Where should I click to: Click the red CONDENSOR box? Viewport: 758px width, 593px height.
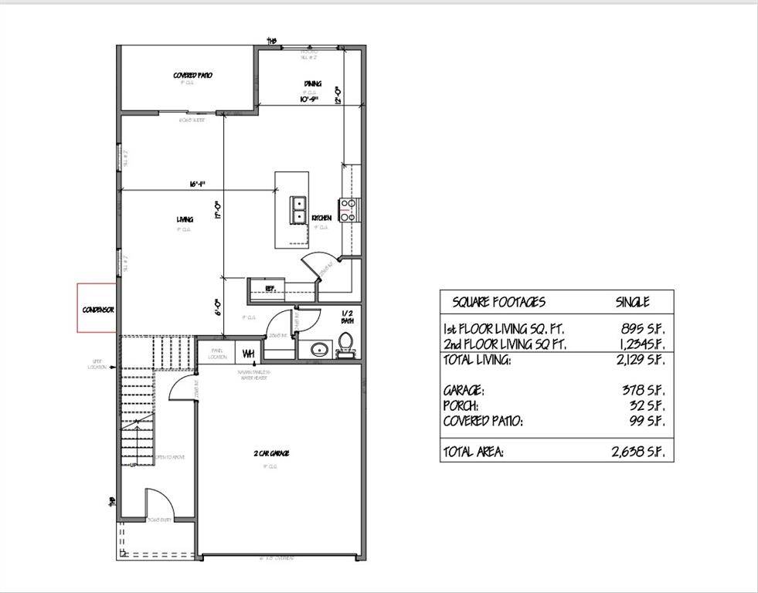[97, 309]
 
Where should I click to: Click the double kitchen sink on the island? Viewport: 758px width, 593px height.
[299, 209]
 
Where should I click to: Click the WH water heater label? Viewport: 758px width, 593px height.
[249, 354]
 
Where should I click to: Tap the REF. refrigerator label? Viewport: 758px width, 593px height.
[270, 289]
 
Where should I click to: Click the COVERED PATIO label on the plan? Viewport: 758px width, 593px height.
[192, 76]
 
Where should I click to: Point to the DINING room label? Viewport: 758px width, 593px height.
[312, 84]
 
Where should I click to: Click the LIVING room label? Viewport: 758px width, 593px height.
[184, 220]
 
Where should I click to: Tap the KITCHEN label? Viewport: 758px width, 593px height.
[321, 219]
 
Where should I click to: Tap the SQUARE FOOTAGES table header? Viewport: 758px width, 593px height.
[498, 302]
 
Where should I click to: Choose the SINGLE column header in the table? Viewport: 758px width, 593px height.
[632, 302]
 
